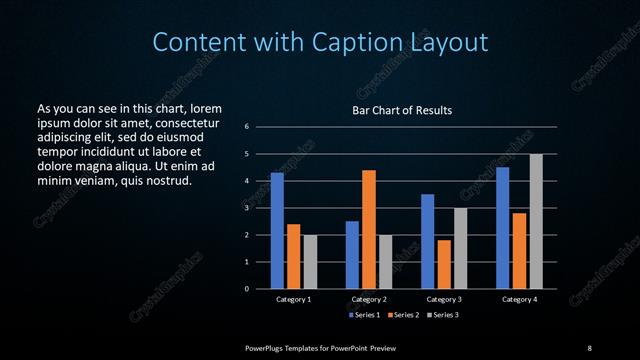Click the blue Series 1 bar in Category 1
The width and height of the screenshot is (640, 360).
277,231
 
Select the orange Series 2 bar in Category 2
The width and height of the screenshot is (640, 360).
368,229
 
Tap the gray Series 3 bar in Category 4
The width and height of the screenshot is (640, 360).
536,221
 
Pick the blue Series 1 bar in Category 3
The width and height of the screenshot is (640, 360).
427,241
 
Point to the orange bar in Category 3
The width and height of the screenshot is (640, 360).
444,264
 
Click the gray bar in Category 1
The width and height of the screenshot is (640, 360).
310,262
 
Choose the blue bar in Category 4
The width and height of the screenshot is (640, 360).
502,228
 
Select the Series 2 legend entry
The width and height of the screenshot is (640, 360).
404,315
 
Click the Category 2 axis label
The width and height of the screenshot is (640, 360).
369,299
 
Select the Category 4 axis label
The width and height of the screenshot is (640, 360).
519,299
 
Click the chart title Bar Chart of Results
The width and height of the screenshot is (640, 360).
403,110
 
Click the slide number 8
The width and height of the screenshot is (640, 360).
589,347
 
